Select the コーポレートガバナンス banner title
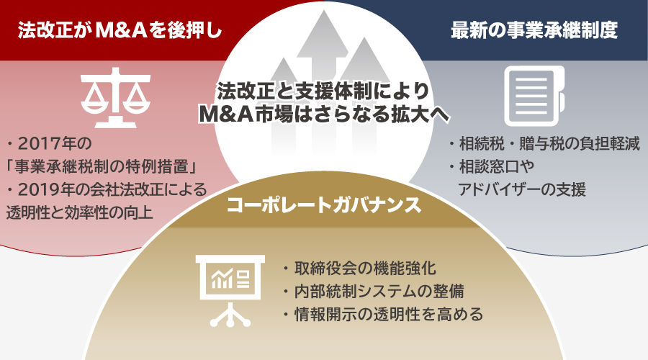point(323,205)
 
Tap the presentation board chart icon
point(230,286)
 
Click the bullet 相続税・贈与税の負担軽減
point(544,143)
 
